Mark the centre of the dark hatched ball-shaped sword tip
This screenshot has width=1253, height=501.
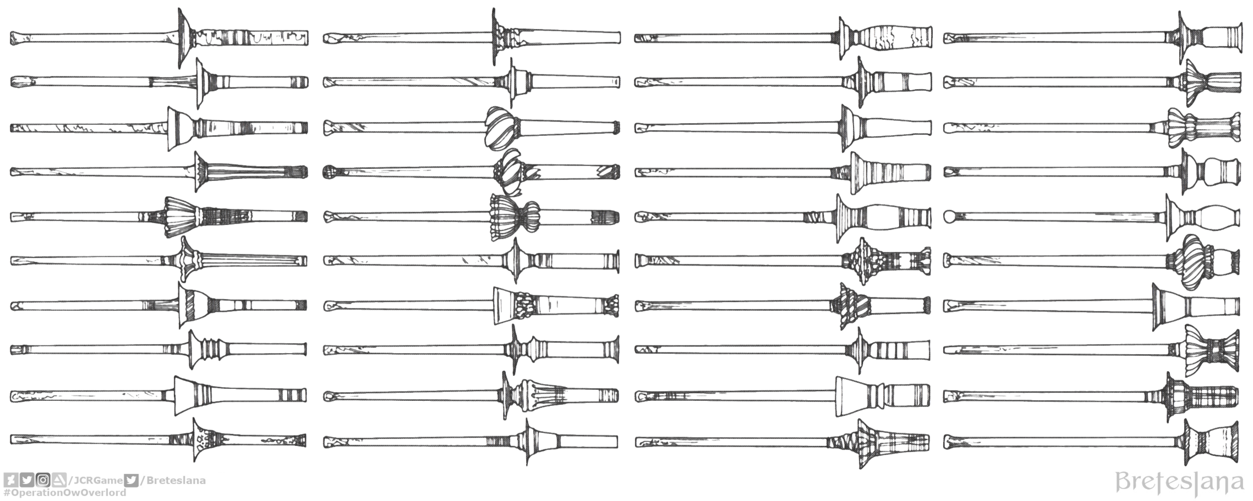click(x=329, y=172)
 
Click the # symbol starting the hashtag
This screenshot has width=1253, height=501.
click(x=7, y=492)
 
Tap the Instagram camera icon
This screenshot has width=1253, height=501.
click(x=45, y=480)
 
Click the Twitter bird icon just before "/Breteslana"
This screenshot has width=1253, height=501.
click(x=131, y=480)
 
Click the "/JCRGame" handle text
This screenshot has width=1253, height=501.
click(x=95, y=481)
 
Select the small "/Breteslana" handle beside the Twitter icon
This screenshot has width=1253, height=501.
click(x=173, y=481)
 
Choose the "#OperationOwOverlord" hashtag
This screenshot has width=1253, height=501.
click(x=65, y=493)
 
